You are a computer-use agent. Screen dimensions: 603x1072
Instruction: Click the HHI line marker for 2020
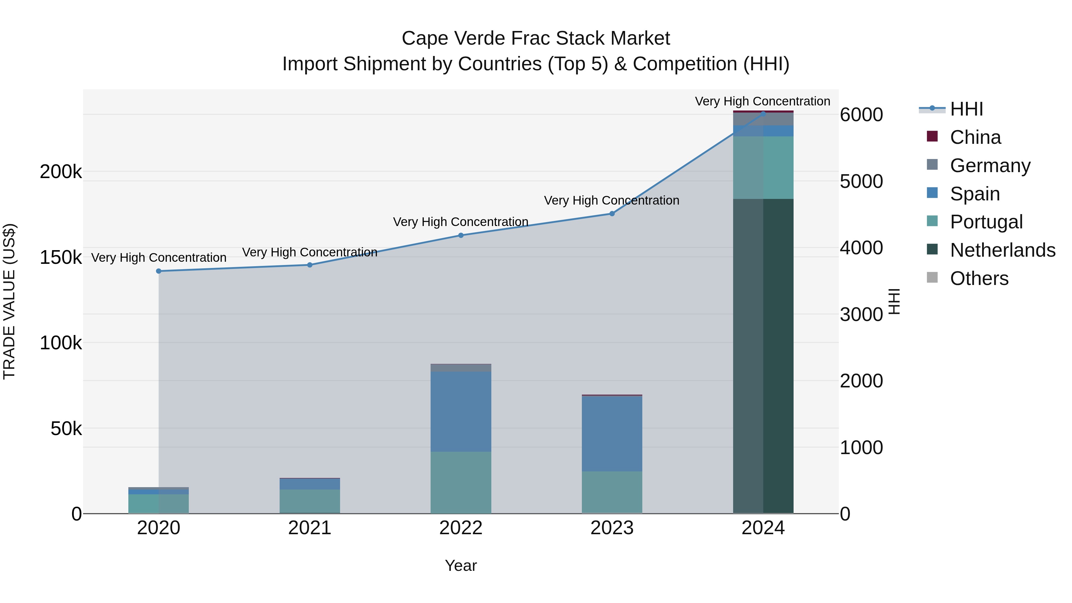(x=158, y=271)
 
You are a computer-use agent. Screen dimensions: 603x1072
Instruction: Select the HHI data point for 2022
(x=461, y=236)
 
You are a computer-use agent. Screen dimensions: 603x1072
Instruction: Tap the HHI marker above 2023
(x=612, y=214)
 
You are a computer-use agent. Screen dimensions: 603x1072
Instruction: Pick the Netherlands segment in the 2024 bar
(x=763, y=356)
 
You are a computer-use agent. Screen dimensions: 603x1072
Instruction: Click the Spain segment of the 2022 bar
(x=461, y=412)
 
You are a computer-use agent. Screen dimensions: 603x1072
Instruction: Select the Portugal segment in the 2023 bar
(x=612, y=492)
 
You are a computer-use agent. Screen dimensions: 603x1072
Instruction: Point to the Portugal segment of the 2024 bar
(x=763, y=168)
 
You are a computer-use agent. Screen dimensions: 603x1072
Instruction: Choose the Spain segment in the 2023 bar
(x=612, y=434)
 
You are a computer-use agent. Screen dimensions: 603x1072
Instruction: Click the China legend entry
(x=975, y=137)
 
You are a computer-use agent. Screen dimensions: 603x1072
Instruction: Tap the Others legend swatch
(x=932, y=278)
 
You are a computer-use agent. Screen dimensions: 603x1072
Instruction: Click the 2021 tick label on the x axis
(x=310, y=528)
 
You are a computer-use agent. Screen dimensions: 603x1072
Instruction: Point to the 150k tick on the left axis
(x=61, y=257)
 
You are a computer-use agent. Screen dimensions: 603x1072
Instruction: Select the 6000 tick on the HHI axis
(x=861, y=115)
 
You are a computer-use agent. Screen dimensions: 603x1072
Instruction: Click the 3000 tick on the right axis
(x=861, y=315)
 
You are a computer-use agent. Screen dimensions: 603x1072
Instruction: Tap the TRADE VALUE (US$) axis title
(x=9, y=301)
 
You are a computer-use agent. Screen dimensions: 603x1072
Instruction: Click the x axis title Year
(x=461, y=565)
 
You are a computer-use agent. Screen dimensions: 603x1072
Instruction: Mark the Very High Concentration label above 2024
(x=762, y=101)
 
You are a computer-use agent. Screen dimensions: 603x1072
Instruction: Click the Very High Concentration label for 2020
(x=158, y=258)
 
